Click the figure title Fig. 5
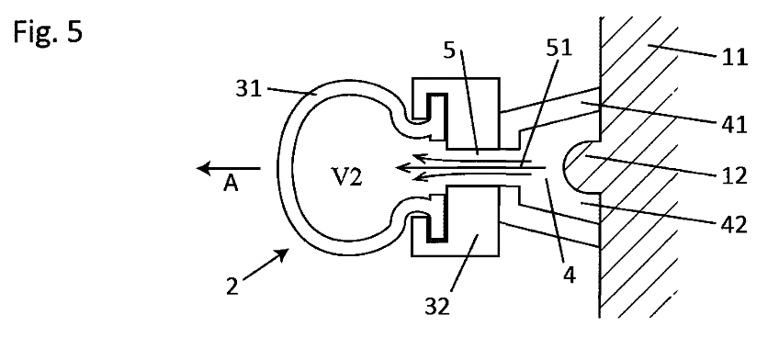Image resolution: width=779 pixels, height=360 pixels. pyautogui.click(x=48, y=33)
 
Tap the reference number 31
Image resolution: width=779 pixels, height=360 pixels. pyautogui.click(x=248, y=89)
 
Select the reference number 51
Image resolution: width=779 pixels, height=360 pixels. pyautogui.click(x=559, y=48)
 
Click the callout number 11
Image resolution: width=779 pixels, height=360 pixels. pyautogui.click(x=734, y=58)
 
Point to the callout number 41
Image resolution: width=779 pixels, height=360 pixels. pyautogui.click(x=734, y=125)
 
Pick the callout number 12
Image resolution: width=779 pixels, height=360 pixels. pyautogui.click(x=734, y=175)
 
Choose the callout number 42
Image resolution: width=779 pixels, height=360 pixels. pyautogui.click(x=734, y=225)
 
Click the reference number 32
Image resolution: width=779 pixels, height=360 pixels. pyautogui.click(x=437, y=307)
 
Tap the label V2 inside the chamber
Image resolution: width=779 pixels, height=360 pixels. pyautogui.click(x=346, y=177)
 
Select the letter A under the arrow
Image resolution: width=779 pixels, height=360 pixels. pyautogui.click(x=231, y=185)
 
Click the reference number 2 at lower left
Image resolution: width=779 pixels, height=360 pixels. pyautogui.click(x=232, y=287)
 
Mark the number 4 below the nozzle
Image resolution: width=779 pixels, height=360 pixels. pyautogui.click(x=570, y=276)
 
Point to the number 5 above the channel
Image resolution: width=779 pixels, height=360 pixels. pyautogui.click(x=449, y=51)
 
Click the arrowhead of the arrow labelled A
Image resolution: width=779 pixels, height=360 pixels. pyautogui.click(x=204, y=169)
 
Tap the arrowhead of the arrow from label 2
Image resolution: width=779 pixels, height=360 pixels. pyautogui.click(x=282, y=253)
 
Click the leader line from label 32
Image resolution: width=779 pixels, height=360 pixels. pyautogui.click(x=464, y=262)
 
